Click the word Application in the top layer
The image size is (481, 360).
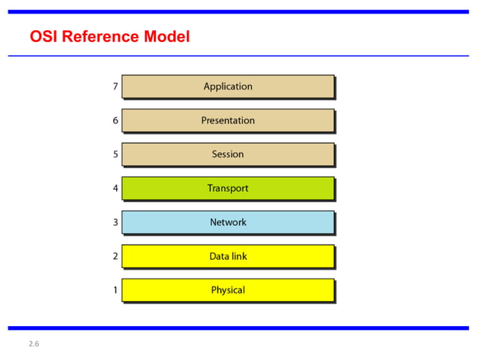coord(228,87)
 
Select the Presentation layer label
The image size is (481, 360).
coord(228,121)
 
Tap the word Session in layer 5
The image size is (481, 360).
coord(228,154)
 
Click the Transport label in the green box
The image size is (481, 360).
coord(228,188)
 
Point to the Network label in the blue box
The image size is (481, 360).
coord(228,222)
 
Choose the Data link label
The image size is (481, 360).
coord(228,256)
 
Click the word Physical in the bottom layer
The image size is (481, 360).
coord(228,290)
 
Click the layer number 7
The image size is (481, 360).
coord(115,87)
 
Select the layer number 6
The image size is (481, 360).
coord(115,121)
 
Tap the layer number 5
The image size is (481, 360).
coord(115,154)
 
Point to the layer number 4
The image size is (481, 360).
coord(115,188)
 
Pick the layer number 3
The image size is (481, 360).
coord(115,222)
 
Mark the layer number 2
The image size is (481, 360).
coord(115,256)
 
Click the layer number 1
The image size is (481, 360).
coord(115,290)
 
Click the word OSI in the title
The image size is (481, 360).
coord(43,36)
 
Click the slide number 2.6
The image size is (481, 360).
coord(34,344)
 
